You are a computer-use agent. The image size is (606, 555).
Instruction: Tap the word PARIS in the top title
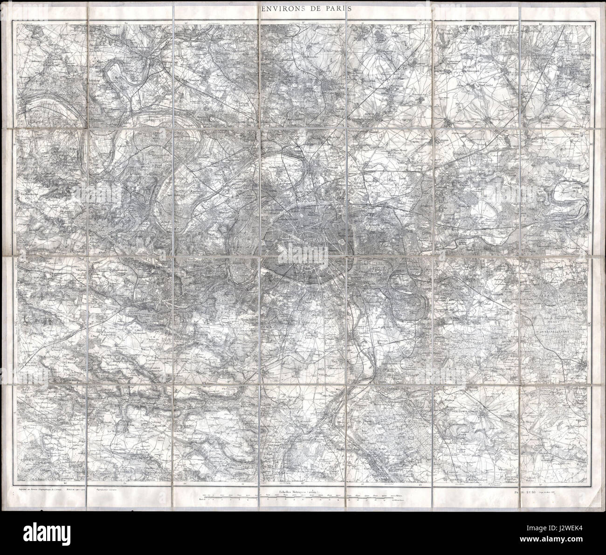335,8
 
